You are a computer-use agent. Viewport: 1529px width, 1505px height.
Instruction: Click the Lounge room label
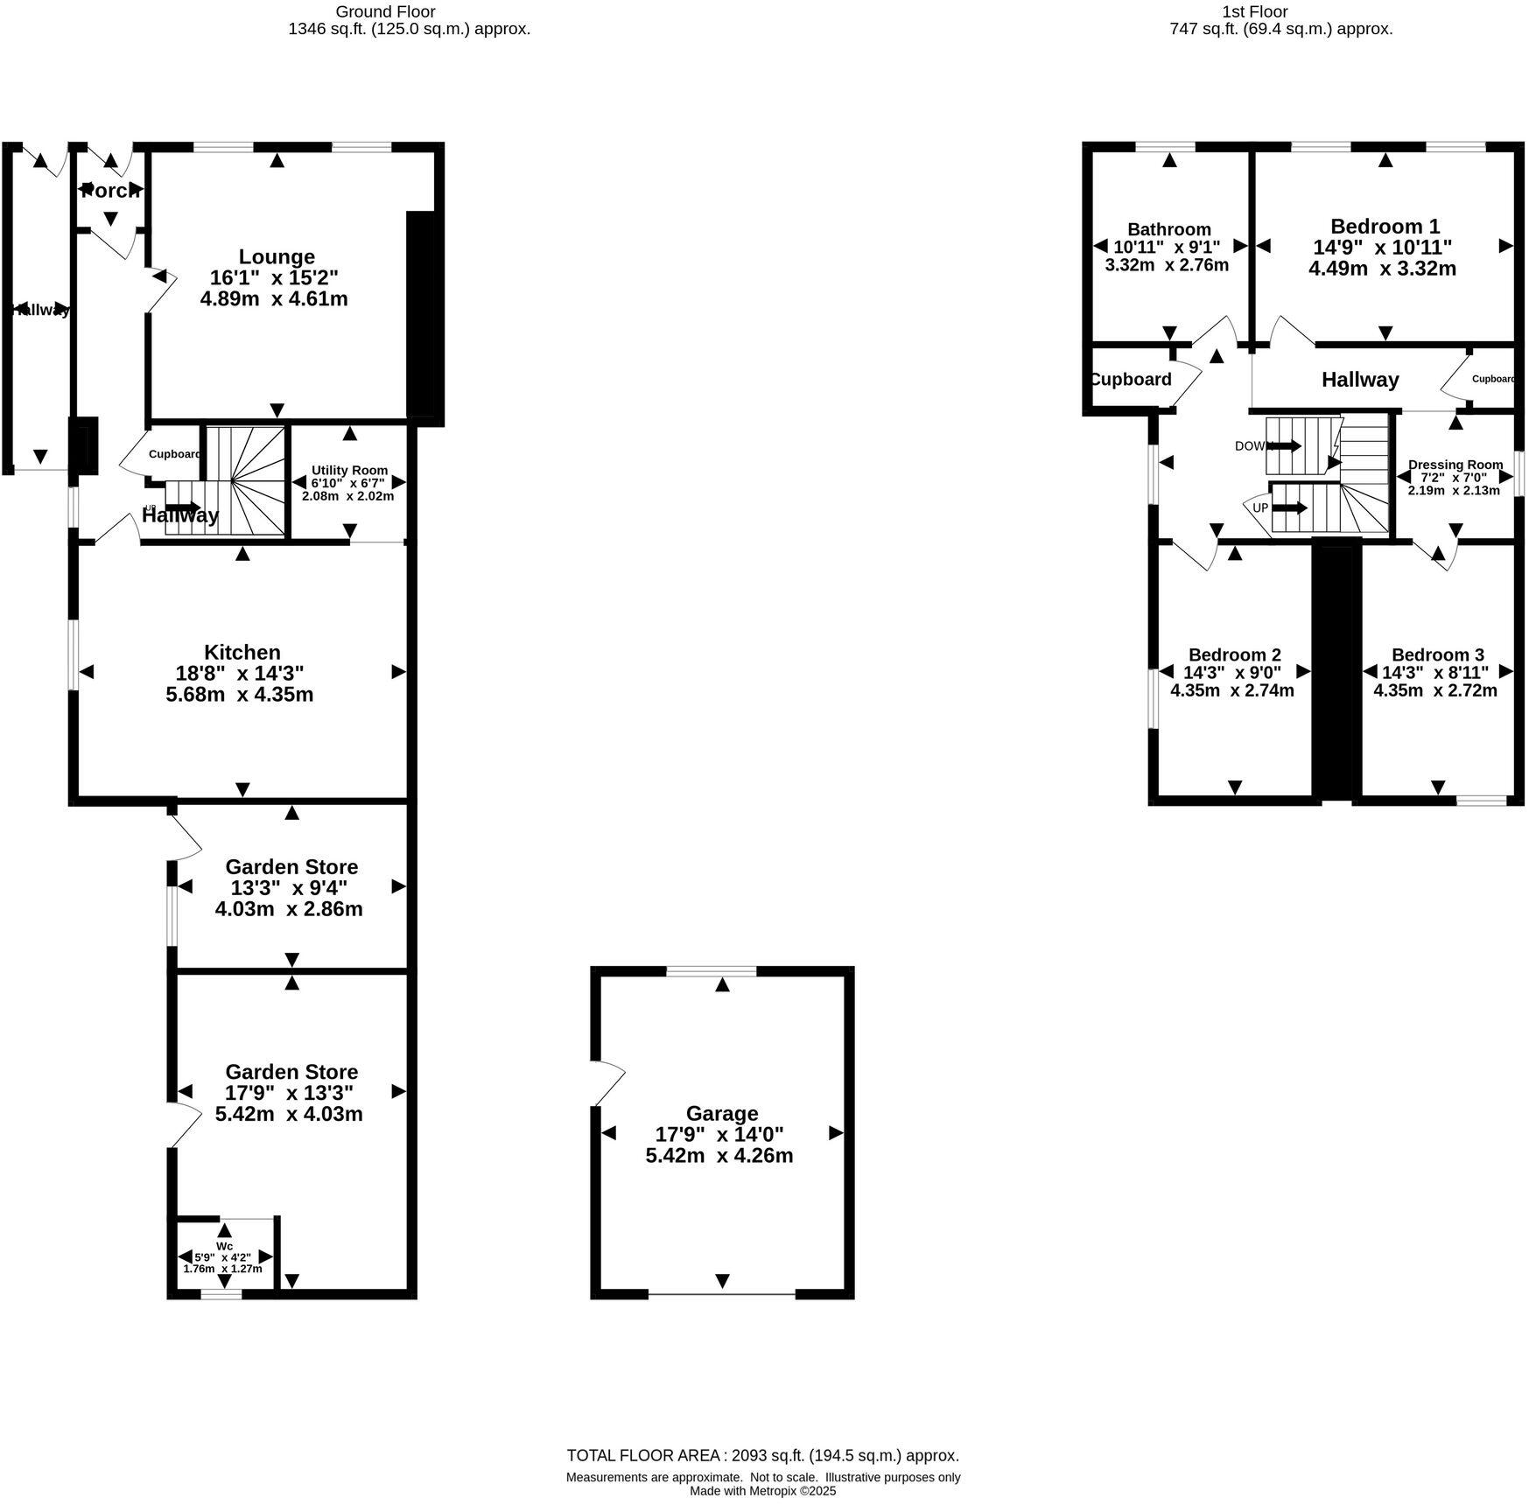277,257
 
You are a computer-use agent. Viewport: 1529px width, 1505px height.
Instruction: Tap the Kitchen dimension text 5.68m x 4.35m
239,695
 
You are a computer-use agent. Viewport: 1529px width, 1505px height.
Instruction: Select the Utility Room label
349,470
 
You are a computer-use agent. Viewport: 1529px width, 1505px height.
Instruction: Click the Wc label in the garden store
224,1246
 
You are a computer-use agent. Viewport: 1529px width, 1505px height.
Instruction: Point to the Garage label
721,1113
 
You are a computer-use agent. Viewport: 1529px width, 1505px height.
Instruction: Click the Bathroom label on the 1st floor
1168,229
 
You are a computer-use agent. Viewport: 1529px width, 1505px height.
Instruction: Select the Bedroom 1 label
1385,226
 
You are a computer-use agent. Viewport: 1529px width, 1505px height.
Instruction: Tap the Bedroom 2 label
1234,654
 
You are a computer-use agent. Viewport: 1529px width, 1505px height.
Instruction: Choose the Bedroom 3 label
1437,654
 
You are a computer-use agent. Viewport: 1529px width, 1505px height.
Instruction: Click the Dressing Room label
1455,465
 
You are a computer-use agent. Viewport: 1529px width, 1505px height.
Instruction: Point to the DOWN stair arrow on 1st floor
1284,445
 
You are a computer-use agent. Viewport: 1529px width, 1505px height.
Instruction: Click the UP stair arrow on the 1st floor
1290,507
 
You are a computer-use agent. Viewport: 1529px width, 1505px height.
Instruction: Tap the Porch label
110,190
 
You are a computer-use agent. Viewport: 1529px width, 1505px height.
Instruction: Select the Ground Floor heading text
385,11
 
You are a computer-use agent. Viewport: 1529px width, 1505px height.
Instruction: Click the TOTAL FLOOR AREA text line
762,1456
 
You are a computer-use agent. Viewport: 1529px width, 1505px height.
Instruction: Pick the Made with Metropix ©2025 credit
762,1491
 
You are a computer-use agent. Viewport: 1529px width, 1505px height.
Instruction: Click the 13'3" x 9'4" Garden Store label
291,887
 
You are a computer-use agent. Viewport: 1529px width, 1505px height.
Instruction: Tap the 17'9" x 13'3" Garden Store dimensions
290,1093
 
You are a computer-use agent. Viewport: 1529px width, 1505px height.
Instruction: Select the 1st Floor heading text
1254,11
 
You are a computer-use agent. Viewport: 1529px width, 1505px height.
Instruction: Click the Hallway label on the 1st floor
1359,380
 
